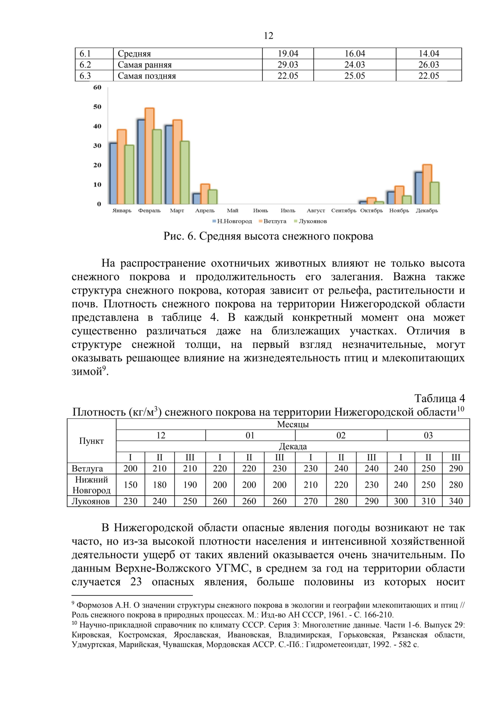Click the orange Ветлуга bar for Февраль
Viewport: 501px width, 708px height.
point(149,156)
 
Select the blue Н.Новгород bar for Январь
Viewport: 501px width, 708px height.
point(113,174)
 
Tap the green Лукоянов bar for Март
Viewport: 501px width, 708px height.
point(185,172)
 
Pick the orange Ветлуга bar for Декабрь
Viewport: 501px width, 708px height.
point(427,184)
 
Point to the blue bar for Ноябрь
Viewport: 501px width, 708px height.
point(391,198)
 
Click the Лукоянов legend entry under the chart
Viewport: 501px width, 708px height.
point(311,221)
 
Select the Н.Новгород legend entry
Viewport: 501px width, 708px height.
point(233,221)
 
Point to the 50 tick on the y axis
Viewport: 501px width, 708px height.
point(97,107)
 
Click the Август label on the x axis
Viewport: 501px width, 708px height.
point(316,211)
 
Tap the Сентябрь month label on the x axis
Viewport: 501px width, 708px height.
point(344,211)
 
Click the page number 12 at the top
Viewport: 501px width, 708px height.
point(268,36)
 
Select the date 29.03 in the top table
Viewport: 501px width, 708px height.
point(288,65)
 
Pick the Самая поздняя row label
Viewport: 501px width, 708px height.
point(147,76)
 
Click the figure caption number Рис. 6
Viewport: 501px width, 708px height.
point(180,237)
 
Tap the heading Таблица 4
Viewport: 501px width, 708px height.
point(439,398)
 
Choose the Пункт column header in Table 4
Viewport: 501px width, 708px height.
point(91,441)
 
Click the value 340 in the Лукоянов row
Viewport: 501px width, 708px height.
point(455,501)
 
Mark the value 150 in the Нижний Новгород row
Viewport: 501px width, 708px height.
point(130,485)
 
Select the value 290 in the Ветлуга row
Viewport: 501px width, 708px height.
point(455,469)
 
